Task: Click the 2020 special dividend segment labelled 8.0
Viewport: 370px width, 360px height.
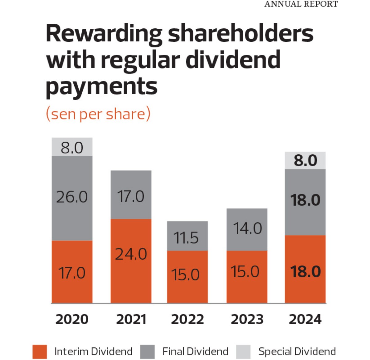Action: [72, 147]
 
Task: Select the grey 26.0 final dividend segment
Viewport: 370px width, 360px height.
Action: [72, 198]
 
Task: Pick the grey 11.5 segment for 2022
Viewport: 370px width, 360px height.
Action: [187, 236]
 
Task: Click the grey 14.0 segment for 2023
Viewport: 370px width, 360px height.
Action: [247, 229]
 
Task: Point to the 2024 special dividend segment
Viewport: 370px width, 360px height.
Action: [305, 161]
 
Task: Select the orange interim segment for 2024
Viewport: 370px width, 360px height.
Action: [305, 269]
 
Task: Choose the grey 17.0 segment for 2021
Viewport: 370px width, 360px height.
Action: [131, 195]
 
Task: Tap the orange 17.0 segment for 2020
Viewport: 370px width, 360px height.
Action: [72, 272]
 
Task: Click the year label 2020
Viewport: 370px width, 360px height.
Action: [72, 319]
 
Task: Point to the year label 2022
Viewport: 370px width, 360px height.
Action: [187, 319]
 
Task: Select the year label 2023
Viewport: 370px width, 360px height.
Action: [247, 319]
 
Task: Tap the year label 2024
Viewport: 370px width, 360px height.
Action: [305, 319]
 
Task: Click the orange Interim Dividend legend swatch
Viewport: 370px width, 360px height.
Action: [40, 352]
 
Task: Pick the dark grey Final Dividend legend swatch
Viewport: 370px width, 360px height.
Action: [147, 352]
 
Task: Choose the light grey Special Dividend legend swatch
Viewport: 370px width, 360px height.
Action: [243, 352]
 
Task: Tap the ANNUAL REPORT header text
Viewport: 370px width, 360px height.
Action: [301, 4]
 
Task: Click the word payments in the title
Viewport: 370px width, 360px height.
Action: [101, 86]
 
